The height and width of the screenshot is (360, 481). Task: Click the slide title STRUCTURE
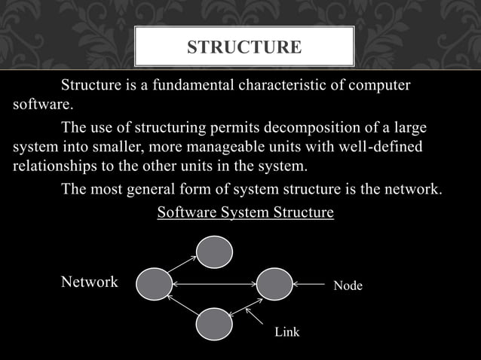[x=244, y=48]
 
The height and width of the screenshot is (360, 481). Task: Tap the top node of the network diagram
[x=214, y=252]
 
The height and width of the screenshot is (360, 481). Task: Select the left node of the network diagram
[x=155, y=284]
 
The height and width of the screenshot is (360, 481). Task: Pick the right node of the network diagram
[x=274, y=284]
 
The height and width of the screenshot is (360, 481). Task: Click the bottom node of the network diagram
[x=214, y=323]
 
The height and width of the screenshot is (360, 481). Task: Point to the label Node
[x=348, y=285]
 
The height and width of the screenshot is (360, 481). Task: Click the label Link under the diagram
[x=286, y=332]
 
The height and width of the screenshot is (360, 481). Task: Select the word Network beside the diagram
[x=89, y=282]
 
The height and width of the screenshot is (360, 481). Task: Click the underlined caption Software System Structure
[x=245, y=212]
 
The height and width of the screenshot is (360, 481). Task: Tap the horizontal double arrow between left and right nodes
[x=214, y=285]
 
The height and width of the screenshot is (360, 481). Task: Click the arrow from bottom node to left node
[x=182, y=306]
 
